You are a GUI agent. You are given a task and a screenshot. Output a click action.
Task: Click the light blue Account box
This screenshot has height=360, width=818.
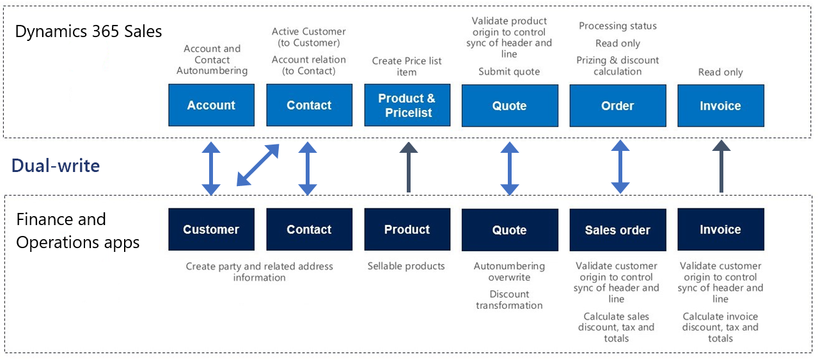[211, 106]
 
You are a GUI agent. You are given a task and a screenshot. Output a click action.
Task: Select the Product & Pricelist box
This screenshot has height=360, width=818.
[407, 106]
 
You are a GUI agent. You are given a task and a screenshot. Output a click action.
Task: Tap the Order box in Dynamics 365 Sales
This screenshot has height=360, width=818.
[617, 106]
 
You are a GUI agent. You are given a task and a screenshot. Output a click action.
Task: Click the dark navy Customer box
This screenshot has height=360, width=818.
[211, 230]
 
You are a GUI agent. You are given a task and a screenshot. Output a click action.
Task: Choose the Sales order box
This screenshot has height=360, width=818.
[617, 230]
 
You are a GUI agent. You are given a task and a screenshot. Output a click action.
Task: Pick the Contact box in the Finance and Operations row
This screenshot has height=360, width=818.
[309, 230]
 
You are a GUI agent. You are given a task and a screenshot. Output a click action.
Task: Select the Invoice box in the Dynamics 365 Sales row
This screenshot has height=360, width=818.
[720, 106]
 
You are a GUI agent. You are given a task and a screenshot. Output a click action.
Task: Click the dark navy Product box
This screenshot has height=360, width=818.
[407, 230]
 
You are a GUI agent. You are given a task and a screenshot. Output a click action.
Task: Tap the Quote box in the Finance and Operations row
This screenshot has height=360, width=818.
[509, 230]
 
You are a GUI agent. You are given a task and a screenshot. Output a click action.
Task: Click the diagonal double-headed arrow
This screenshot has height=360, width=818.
[258, 165]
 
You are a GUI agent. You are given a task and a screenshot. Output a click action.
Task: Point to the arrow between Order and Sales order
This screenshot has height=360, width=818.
[619, 168]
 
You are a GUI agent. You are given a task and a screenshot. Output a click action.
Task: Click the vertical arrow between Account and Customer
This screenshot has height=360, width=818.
[211, 168]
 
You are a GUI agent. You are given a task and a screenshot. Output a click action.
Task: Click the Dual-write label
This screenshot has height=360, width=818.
[56, 166]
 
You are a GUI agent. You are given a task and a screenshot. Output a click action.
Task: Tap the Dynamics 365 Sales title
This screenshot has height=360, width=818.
[88, 31]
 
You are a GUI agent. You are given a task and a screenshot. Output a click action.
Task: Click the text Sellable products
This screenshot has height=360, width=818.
[406, 266]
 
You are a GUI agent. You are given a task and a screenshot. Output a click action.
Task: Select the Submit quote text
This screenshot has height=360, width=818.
[509, 72]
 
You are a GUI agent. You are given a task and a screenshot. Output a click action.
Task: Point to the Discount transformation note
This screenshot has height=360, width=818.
[509, 300]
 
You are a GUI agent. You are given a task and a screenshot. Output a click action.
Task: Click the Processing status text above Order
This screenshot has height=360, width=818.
[617, 26]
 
